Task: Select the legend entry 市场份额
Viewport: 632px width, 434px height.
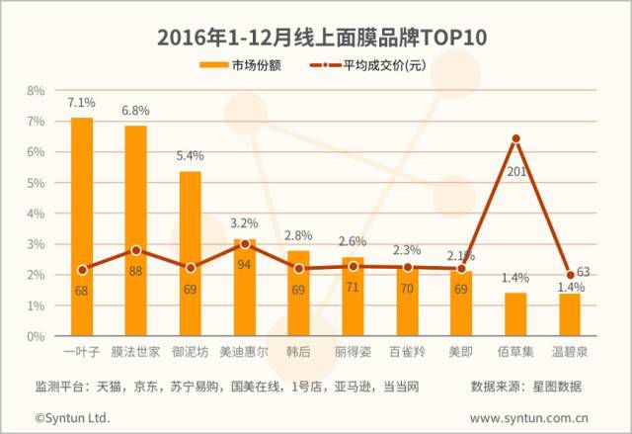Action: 248,65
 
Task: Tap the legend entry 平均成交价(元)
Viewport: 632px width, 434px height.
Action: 385,65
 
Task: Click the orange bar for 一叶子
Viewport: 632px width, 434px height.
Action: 82,227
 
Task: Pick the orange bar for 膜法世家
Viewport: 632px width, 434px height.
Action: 136,231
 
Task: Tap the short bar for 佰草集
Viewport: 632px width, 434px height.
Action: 515,314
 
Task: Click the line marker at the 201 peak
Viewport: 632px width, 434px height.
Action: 515,139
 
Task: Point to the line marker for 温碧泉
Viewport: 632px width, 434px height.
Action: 570,276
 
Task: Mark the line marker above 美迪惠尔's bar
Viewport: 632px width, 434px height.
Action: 245,244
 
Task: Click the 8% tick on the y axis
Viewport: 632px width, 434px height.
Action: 36,90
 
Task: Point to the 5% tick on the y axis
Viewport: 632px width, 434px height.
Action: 36,183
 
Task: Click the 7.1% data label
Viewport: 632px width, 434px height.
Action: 81,103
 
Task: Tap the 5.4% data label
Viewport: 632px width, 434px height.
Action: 190,156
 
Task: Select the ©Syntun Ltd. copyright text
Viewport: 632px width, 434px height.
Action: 73,418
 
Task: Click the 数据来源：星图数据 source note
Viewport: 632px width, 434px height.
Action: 525,386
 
